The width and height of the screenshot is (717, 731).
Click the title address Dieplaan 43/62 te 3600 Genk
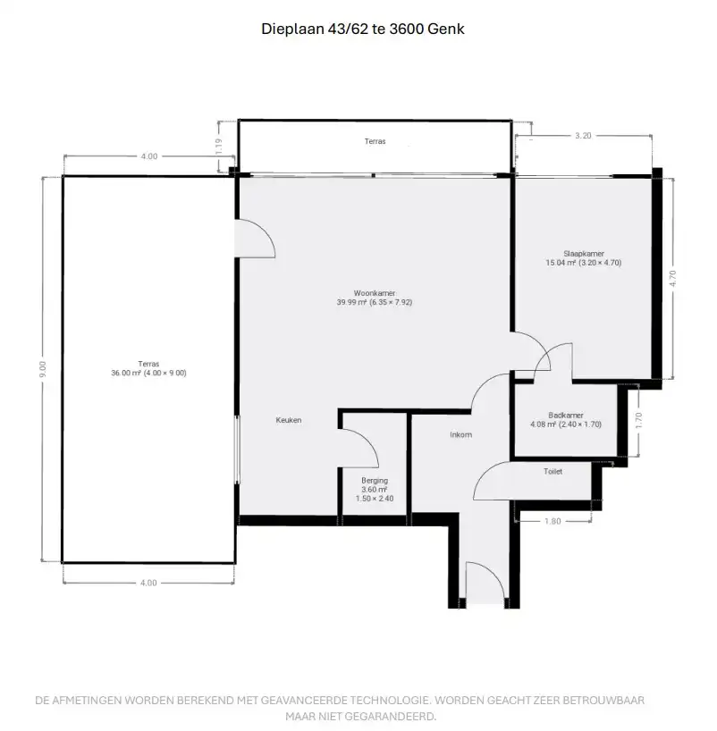(362, 29)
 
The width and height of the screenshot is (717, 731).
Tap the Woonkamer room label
(375, 293)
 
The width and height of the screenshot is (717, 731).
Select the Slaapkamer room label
(584, 254)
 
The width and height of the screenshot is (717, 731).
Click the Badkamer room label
(566, 416)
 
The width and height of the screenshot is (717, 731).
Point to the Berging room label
(375, 481)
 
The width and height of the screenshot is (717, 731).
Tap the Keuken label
(288, 420)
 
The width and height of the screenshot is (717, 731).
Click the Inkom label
(461, 434)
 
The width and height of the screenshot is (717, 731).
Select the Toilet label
(553, 471)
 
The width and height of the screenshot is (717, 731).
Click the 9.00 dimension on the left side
(43, 369)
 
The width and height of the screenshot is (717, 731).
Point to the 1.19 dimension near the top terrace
(219, 147)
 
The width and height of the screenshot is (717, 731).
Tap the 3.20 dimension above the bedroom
(583, 136)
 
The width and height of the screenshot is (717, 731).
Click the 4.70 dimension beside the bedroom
(672, 278)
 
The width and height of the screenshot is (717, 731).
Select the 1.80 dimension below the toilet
(553, 521)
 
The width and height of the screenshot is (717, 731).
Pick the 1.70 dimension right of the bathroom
(639, 421)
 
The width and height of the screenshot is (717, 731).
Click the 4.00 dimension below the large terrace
(148, 583)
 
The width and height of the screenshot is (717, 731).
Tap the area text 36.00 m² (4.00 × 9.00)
(148, 373)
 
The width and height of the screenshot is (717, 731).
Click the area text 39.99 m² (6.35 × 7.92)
(375, 302)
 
